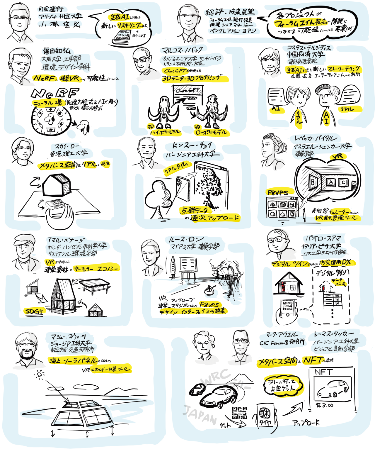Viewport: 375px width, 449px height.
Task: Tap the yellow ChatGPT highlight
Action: tap(175, 71)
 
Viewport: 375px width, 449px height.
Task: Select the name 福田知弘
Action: tap(56, 52)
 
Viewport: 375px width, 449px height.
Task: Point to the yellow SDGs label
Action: tap(34, 311)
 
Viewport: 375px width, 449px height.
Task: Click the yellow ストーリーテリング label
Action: tap(345, 69)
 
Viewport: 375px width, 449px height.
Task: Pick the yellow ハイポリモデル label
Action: tap(166, 132)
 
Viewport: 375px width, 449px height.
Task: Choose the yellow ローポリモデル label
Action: tap(211, 132)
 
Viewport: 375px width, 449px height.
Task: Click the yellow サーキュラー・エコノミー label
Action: tap(96, 268)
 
